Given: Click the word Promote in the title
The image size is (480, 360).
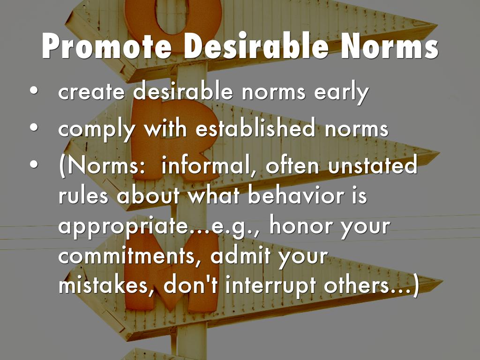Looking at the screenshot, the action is click(x=107, y=46).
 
